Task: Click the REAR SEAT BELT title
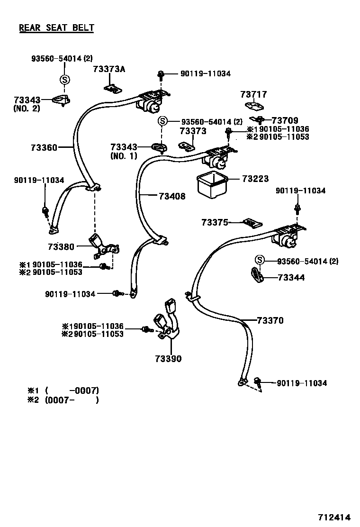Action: [x=56, y=27]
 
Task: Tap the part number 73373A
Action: [x=109, y=69]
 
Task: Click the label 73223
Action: [x=255, y=179]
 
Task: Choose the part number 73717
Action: [x=254, y=95]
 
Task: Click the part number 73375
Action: [x=215, y=222]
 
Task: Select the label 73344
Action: [x=291, y=278]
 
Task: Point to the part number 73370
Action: [x=270, y=321]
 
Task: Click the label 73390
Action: [x=168, y=359]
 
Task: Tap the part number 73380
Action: [x=61, y=246]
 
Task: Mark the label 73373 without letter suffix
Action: [x=193, y=131]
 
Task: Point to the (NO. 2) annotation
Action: [x=27, y=109]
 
